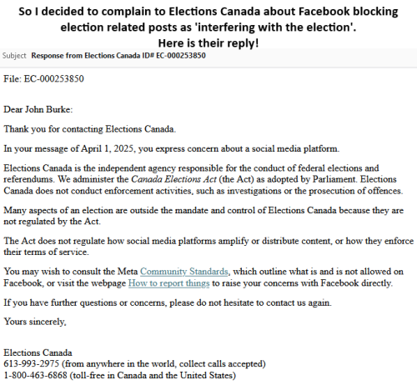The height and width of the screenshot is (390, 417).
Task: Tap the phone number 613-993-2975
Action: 30,364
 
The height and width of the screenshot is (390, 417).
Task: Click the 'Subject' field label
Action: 14,56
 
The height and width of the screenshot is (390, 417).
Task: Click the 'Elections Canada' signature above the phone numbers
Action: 38,352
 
